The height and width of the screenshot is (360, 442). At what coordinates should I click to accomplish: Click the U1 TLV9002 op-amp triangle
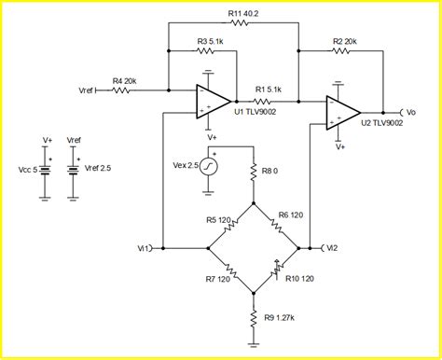[x=212, y=101]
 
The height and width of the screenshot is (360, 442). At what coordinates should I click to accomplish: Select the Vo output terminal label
[x=413, y=110]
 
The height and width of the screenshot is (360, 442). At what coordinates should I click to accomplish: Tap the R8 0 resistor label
[x=272, y=171]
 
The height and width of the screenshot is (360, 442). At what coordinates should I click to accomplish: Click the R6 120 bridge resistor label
[x=290, y=215]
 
